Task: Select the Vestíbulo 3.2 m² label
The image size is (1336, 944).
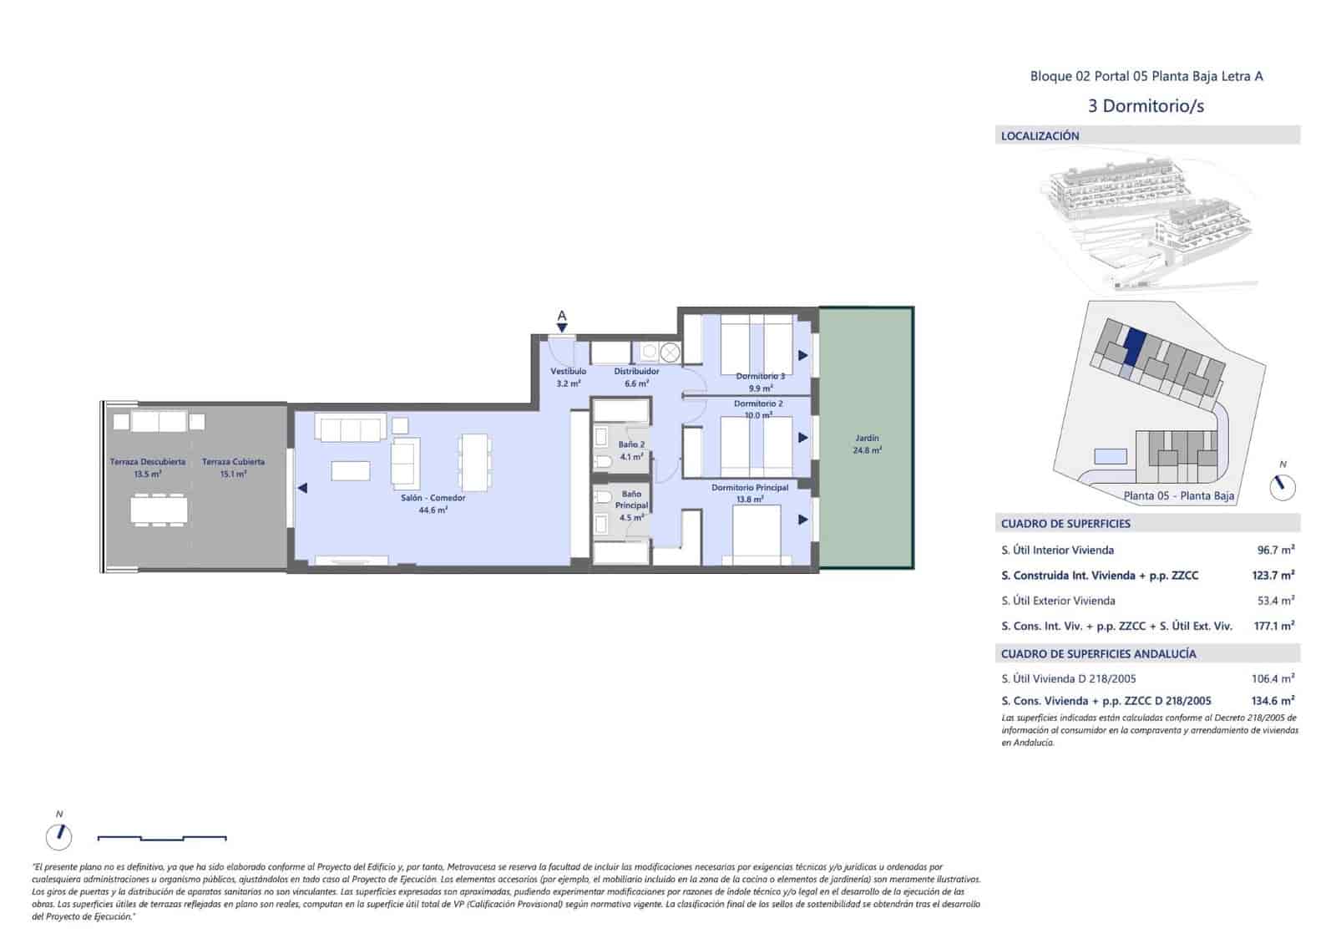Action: [x=568, y=377]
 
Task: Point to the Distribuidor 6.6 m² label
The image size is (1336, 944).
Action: [x=636, y=377]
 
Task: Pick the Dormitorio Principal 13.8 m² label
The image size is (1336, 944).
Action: [x=750, y=493]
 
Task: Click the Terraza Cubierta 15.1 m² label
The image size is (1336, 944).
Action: [x=233, y=467]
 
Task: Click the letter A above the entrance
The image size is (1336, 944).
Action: [x=562, y=316]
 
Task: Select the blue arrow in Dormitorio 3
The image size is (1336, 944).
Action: [x=802, y=355]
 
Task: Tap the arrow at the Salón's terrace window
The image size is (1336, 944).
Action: [x=302, y=488]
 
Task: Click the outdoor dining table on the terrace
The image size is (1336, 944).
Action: [x=159, y=509]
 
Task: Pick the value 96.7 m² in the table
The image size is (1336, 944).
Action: [x=1275, y=550]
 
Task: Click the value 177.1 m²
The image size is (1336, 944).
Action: [x=1273, y=625]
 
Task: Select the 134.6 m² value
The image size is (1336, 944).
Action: [x=1273, y=700]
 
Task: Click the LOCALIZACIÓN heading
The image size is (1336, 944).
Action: [x=1040, y=135]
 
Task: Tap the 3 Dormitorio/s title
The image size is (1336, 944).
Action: [x=1146, y=105]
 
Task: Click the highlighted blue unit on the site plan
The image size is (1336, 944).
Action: [x=1134, y=345]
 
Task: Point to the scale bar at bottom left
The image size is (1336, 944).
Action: [x=162, y=837]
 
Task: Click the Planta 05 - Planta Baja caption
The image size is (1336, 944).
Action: [x=1178, y=495]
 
